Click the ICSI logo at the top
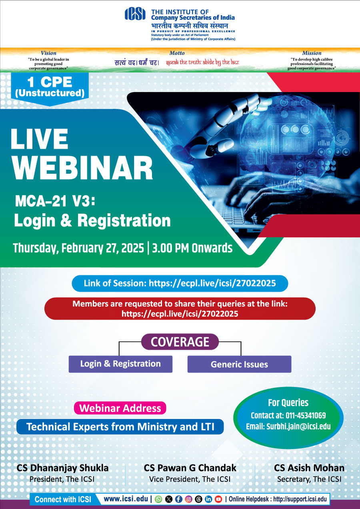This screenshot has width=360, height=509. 135,14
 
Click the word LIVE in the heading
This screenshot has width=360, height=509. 39,139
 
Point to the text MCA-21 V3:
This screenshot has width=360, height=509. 55,201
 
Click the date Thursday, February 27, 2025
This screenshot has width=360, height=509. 78,248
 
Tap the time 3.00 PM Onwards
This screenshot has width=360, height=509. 192,248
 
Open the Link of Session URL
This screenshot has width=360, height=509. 212,283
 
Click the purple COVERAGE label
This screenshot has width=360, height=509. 180,342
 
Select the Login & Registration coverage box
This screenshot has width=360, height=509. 120,364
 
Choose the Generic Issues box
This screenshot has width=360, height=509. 239,364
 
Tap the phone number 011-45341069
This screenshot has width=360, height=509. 306,415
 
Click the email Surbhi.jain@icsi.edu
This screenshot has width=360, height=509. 298,427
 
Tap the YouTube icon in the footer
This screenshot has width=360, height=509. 218,499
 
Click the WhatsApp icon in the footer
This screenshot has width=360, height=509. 158,499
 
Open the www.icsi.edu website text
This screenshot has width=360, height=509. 126,499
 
